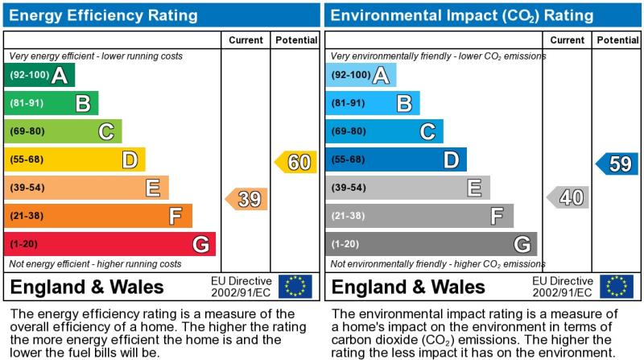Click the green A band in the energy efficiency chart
point(39,76)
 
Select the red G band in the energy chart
point(109,243)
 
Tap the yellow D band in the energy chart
point(74,159)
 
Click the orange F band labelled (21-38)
point(97,216)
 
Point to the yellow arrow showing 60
point(296,162)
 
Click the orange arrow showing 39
point(246,199)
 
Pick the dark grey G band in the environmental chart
point(431,243)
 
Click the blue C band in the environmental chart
point(384,131)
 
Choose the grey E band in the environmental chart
point(407,188)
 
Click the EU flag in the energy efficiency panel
point(295,287)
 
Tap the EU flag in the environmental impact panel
point(616,287)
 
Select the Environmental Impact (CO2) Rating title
point(462,14)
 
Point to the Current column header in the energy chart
point(246,40)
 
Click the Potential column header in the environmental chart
point(617,40)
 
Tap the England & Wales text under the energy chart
point(87,288)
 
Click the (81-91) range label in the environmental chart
point(349,103)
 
